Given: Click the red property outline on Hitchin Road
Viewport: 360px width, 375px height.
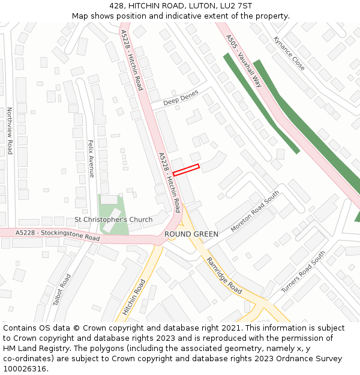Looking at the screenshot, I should point(186,170).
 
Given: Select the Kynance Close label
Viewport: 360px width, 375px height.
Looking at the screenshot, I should point(289,53).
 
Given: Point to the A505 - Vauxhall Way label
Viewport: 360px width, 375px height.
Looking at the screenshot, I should point(244,61).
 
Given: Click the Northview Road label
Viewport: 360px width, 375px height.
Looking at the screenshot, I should point(10,131).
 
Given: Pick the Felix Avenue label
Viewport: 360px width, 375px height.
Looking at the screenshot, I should point(91,158).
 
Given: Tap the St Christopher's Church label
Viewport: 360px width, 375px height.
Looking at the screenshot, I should point(113,220).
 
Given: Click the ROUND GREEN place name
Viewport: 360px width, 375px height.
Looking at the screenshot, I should point(191,233).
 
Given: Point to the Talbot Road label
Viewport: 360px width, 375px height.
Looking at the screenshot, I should point(62,290).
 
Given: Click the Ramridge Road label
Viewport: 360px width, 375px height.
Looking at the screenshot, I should point(224,275).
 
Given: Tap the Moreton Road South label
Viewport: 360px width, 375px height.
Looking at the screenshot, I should point(255,211).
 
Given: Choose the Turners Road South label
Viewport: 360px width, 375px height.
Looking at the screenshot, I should point(303,272).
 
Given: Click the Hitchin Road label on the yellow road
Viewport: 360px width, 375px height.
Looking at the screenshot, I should point(134,297).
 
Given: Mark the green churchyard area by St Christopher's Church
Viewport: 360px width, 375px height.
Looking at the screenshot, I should point(114,207).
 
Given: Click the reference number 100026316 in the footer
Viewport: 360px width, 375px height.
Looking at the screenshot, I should point(25,368).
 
